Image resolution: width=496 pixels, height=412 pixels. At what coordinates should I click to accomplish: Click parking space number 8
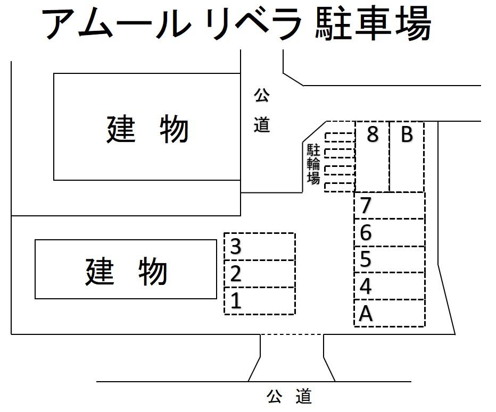(372, 157)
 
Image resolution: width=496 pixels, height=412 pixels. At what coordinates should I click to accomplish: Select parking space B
(407, 157)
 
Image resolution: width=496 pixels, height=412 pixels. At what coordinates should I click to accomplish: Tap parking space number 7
(390, 206)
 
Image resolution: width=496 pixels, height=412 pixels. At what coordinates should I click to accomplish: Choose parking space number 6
(390, 233)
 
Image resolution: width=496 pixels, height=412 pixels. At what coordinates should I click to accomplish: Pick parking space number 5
(390, 259)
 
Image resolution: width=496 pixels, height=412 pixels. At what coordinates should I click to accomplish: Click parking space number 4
(390, 287)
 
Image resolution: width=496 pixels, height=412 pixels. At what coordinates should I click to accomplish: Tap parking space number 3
(260, 247)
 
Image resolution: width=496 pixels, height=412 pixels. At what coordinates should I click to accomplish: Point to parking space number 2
(260, 274)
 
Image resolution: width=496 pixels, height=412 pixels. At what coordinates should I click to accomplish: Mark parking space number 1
(260, 301)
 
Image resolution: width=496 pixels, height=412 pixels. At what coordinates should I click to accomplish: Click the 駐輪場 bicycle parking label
(313, 164)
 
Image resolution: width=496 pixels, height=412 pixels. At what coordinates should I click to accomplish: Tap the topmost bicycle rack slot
(340, 136)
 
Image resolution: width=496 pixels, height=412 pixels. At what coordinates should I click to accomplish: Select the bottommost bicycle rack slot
(340, 187)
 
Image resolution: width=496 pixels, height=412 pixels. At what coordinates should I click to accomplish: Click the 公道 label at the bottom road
(289, 397)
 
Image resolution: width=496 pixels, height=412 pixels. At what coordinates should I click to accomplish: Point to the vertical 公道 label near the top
(261, 111)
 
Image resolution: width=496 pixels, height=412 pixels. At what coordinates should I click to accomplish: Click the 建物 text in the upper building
(147, 129)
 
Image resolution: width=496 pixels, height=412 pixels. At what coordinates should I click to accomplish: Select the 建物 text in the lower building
(126, 271)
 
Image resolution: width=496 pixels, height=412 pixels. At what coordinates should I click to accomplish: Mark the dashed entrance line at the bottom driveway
(292, 335)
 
